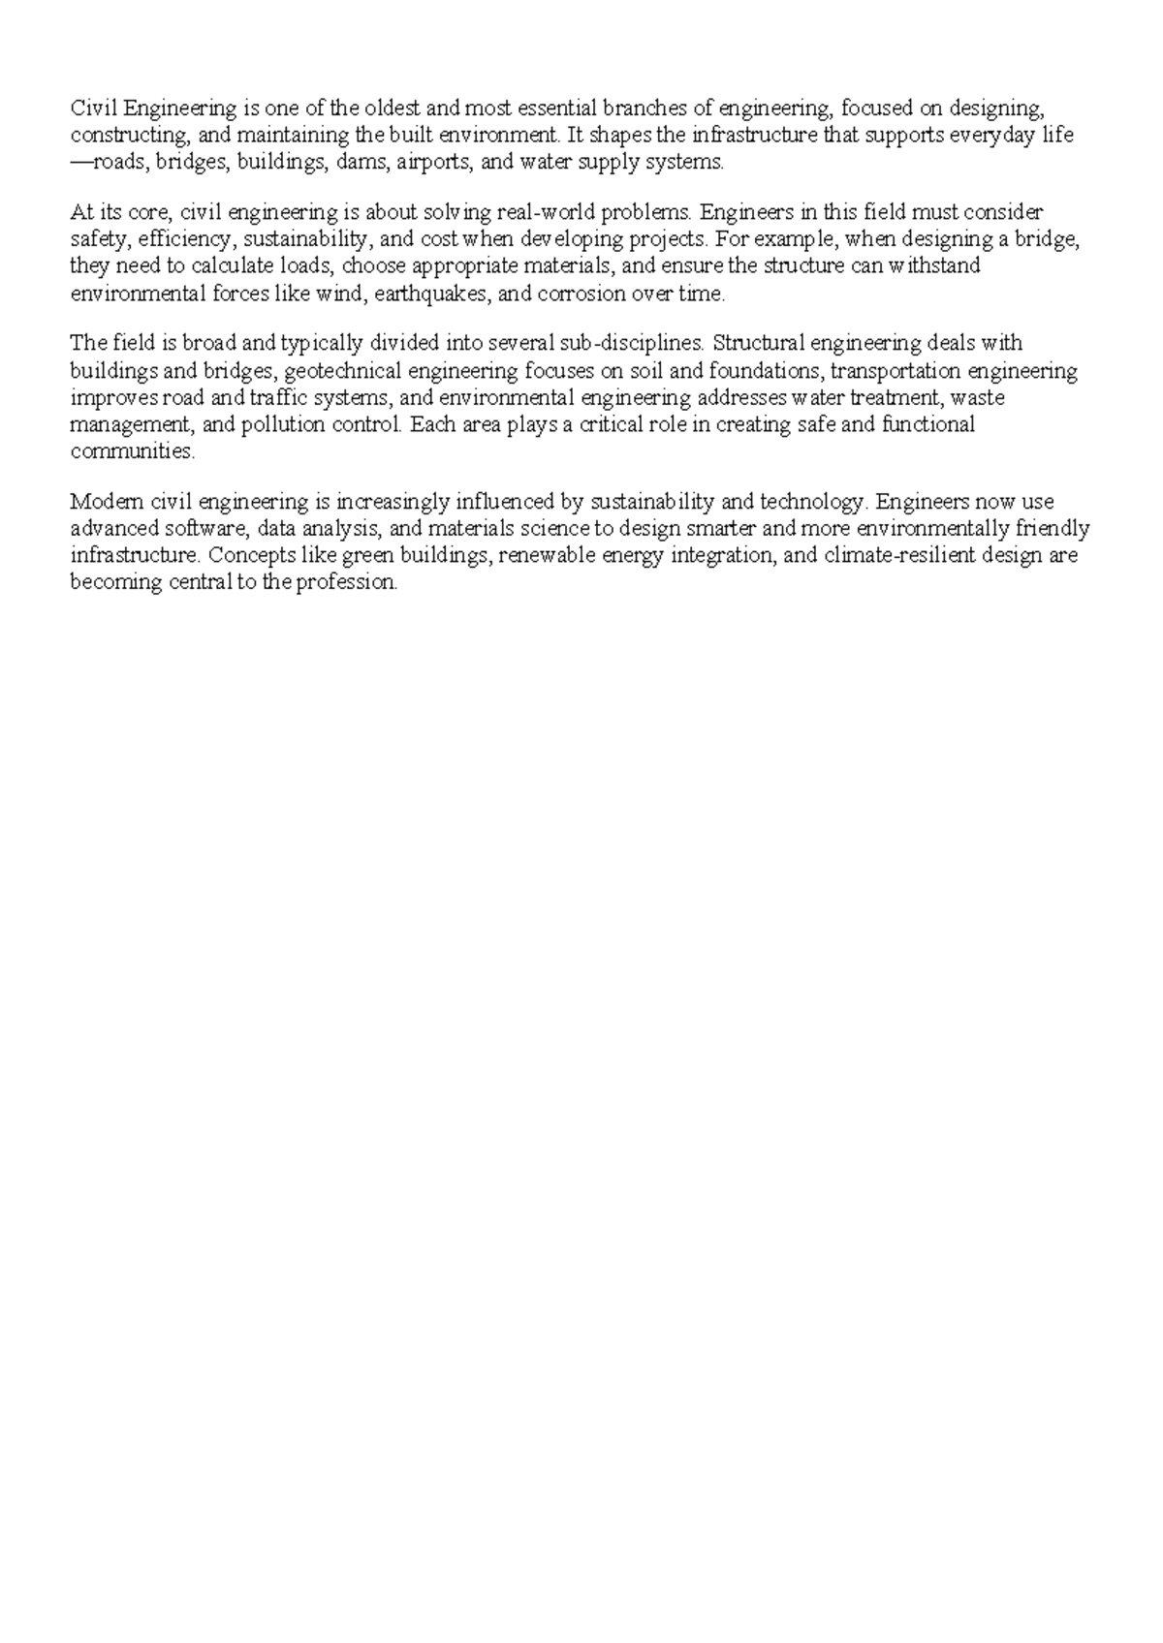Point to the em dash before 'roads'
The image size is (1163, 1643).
tap(80, 162)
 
